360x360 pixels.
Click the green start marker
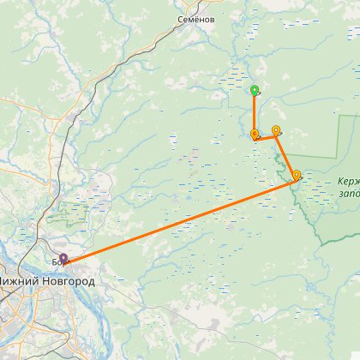[255, 90]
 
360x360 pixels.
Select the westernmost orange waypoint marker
[255, 134]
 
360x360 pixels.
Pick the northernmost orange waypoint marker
[276, 130]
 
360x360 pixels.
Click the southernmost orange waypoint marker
[297, 176]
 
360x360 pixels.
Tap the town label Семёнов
[196, 18]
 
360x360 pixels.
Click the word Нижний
[21, 279]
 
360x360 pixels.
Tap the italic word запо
[349, 194]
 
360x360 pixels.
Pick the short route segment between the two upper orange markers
[266, 137]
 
